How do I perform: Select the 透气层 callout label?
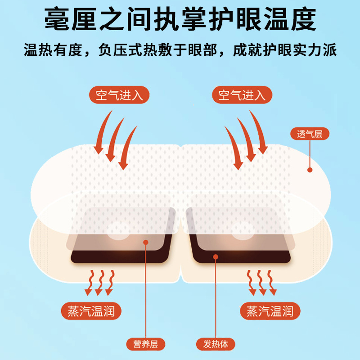(310, 134)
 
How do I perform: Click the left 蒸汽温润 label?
(91, 310)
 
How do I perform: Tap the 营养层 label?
(146, 344)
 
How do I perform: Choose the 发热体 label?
(216, 344)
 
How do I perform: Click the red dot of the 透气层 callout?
(310, 170)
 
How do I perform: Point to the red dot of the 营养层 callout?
(146, 243)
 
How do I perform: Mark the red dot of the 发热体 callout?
(216, 257)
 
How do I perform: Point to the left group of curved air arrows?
(115, 139)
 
